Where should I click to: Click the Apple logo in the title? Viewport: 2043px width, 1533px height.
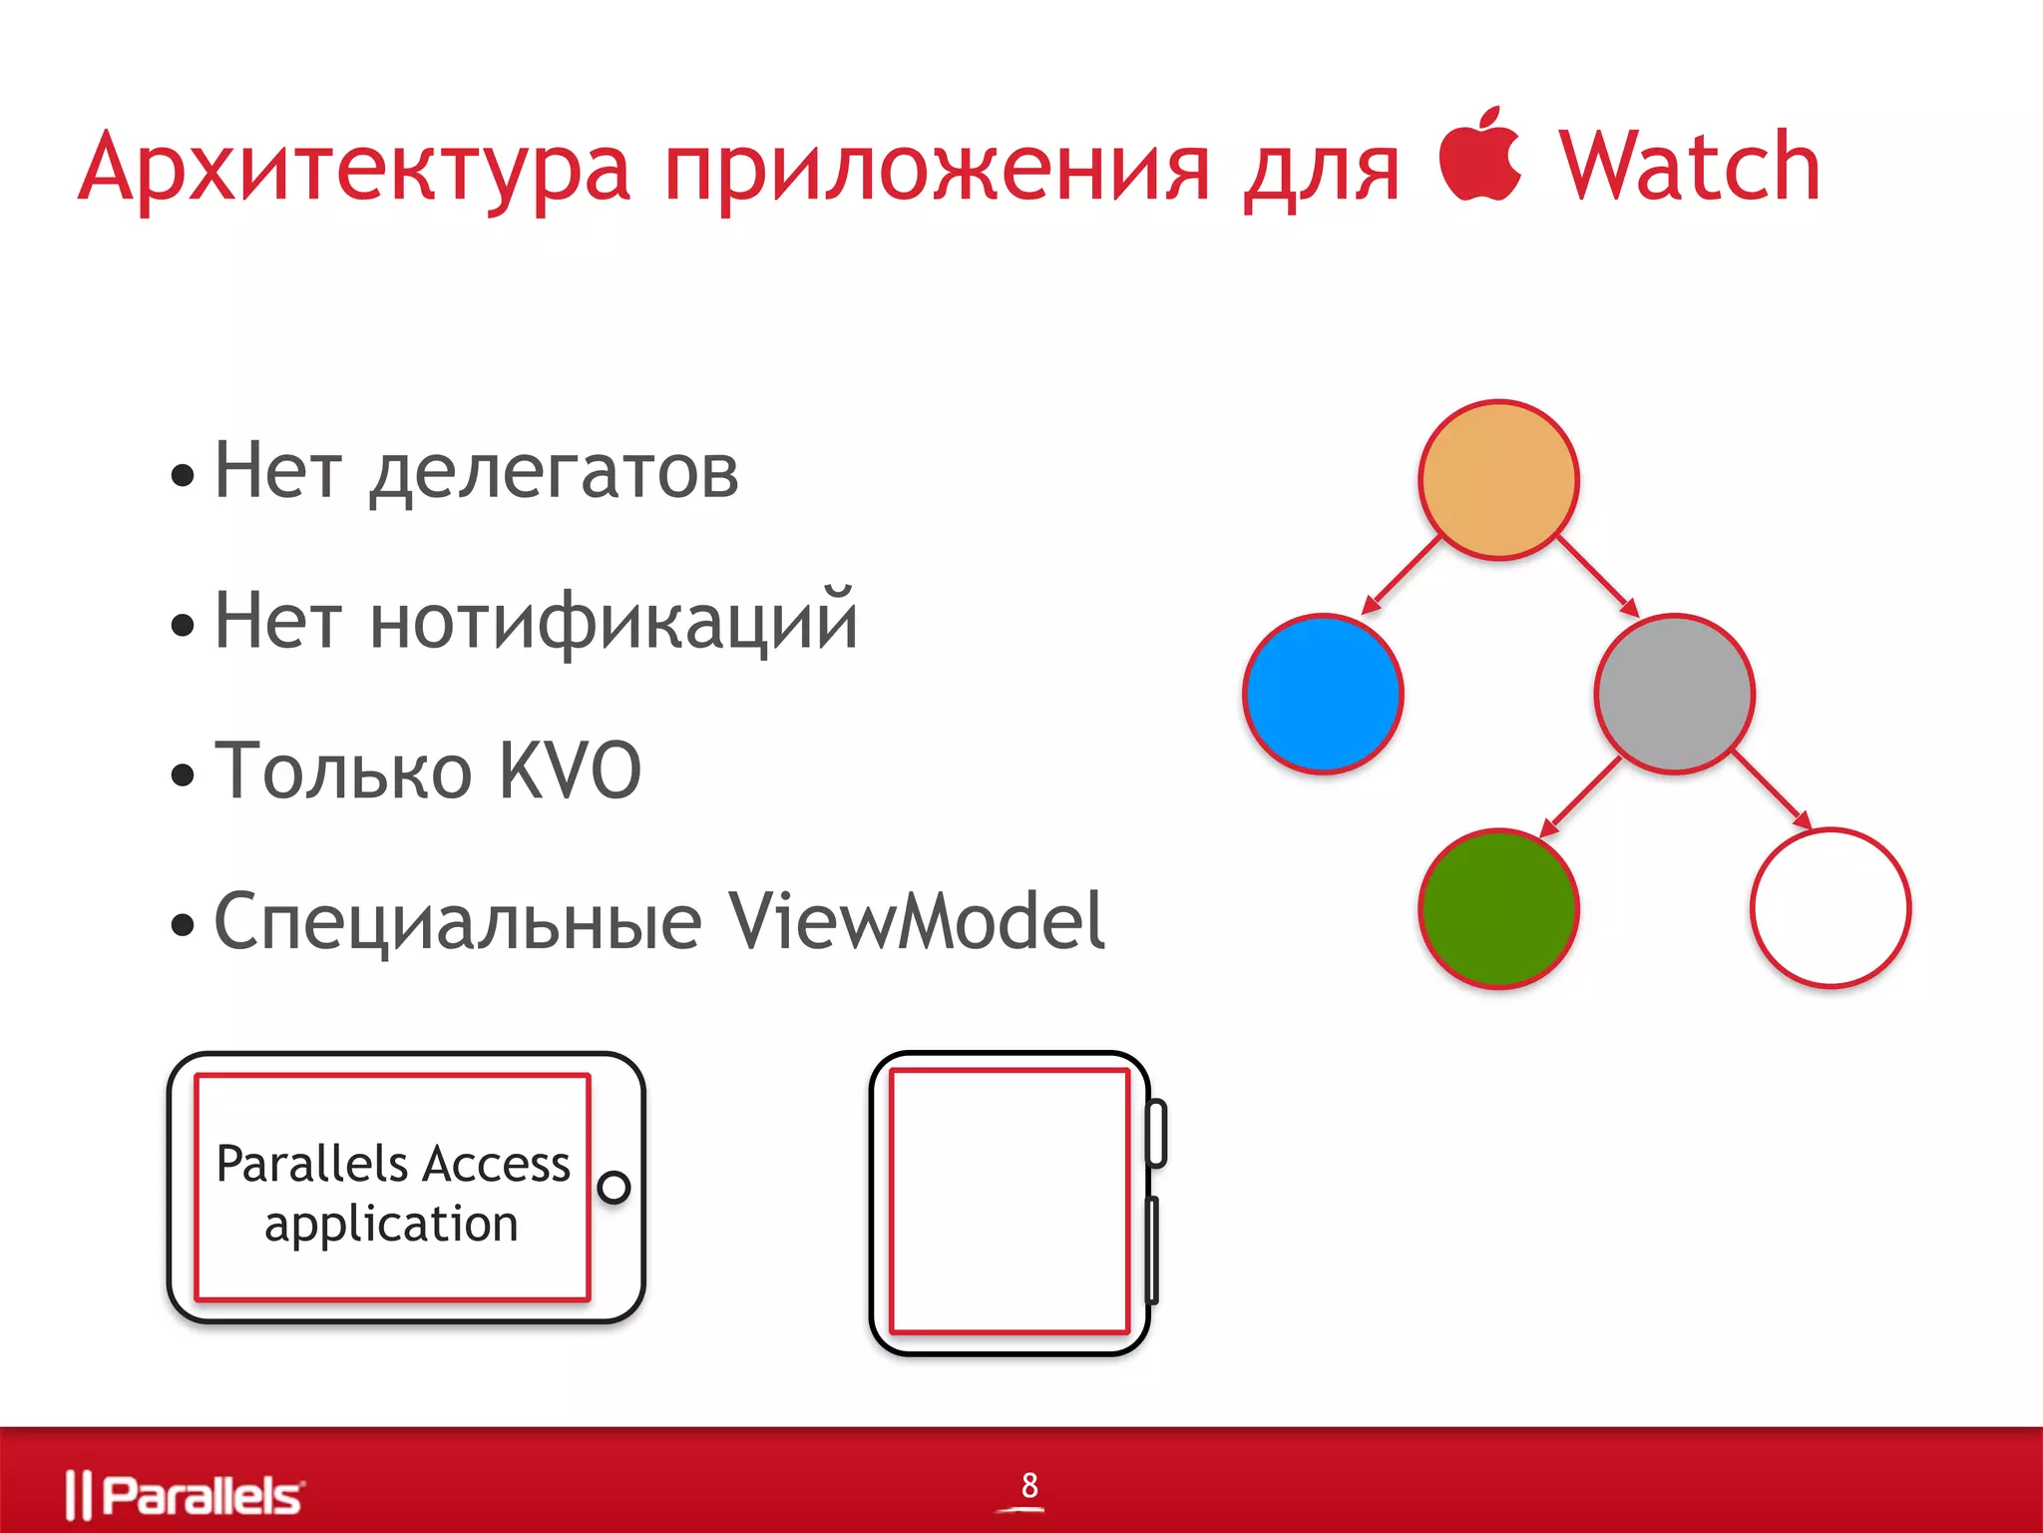point(1479,155)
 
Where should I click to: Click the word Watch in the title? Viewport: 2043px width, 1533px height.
point(1689,168)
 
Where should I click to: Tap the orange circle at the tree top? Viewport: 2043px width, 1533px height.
point(1498,480)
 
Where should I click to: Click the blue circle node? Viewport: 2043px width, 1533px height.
point(1323,694)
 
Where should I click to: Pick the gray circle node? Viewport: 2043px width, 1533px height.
point(1674,694)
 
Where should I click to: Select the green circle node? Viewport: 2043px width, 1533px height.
point(1498,908)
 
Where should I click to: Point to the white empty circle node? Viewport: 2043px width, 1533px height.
point(1831,908)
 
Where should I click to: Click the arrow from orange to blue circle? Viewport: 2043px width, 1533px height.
point(1402,574)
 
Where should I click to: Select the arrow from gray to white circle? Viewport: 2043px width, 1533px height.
point(1772,789)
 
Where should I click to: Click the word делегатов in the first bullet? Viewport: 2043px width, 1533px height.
point(555,472)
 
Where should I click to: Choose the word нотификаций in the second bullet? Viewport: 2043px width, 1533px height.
point(613,622)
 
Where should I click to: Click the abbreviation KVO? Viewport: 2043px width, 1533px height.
point(569,770)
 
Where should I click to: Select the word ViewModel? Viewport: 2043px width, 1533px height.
point(916,920)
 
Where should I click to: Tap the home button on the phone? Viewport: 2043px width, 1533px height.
point(613,1188)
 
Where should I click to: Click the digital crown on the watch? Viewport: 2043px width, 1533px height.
point(1157,1133)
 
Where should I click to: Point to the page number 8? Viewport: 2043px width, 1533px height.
point(1029,1485)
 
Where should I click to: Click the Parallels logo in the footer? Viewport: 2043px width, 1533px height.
point(185,1495)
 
